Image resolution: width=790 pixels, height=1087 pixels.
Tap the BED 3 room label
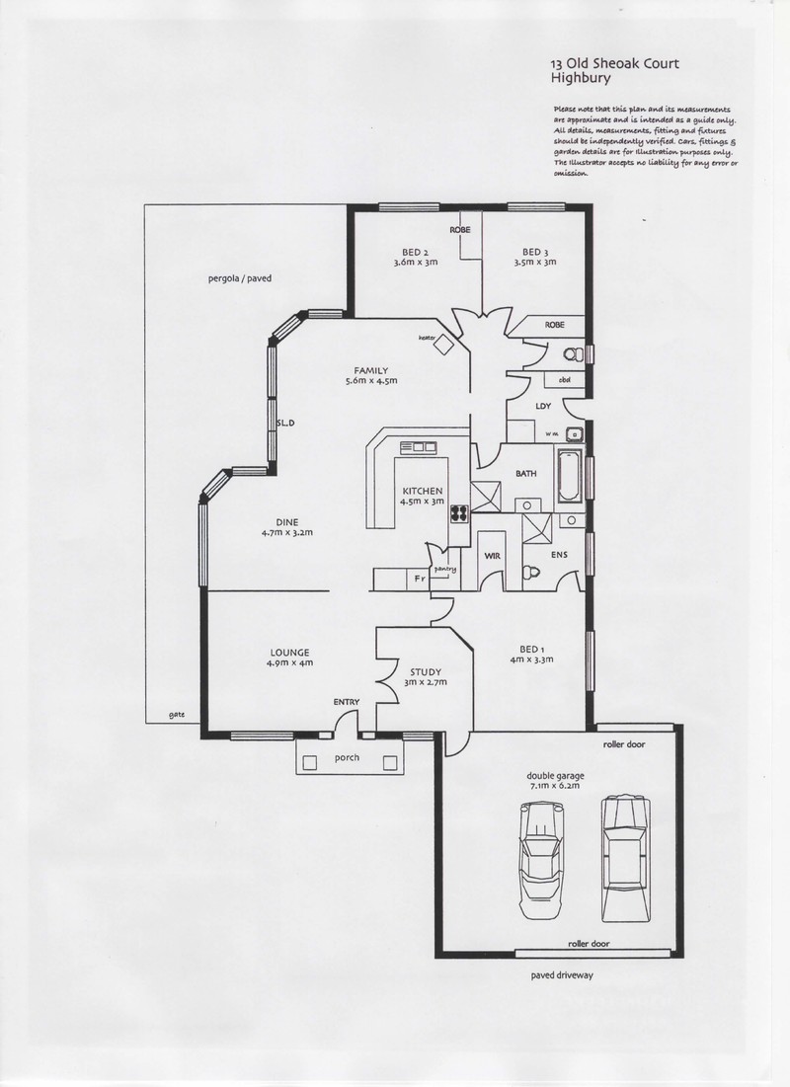click(534, 252)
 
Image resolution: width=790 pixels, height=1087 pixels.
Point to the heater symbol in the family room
click(445, 344)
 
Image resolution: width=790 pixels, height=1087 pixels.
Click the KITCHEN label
click(423, 492)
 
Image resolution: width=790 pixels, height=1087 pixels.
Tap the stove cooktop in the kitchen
click(459, 512)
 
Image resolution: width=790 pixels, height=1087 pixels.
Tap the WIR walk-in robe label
click(492, 556)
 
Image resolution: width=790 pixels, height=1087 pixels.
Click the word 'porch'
click(346, 757)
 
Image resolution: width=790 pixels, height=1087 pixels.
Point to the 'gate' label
click(177, 714)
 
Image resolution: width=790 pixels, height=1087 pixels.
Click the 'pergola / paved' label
click(234, 278)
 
